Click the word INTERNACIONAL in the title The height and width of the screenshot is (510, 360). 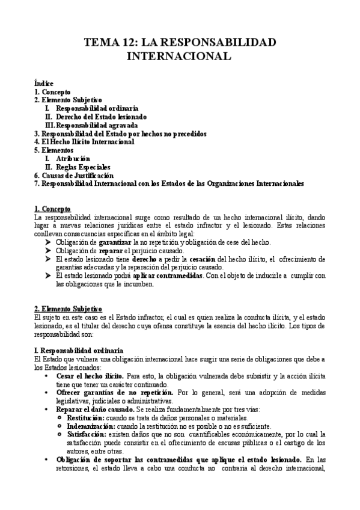(180, 57)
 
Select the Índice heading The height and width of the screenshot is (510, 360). (44, 83)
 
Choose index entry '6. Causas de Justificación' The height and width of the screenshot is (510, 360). (73, 175)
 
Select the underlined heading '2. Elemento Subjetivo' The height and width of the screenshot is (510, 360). (68, 309)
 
